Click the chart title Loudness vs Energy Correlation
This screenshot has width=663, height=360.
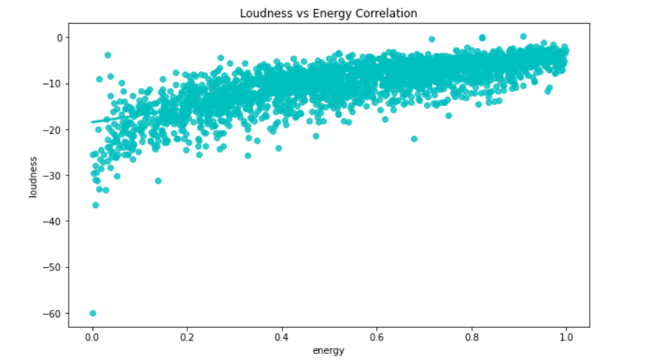click(329, 13)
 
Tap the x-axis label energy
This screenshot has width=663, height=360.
click(329, 350)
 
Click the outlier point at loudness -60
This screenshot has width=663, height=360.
click(93, 313)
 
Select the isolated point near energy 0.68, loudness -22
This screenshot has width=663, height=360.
click(414, 139)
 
